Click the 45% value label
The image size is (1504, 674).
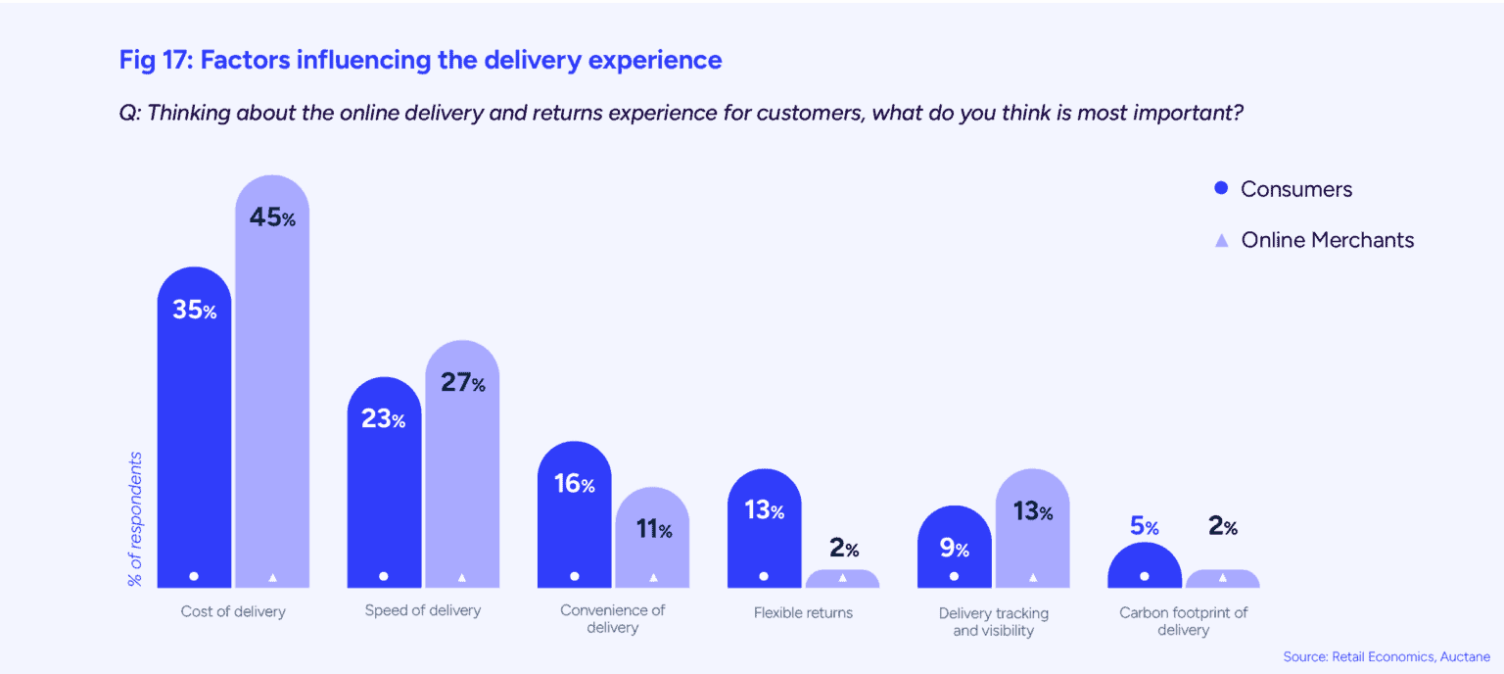coord(272,217)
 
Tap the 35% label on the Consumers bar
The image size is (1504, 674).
coord(194,311)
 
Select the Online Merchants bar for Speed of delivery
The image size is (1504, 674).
coord(462,470)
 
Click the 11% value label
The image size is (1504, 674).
coord(653,530)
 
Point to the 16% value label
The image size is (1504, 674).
coord(574,483)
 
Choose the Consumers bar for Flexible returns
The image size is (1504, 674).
coord(764,539)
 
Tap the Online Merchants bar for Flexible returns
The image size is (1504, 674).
coord(842,579)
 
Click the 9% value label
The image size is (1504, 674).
coord(954,548)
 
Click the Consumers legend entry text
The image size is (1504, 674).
coord(1295,189)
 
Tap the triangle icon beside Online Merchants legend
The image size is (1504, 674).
coord(1221,241)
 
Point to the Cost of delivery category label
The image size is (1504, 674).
coord(233,612)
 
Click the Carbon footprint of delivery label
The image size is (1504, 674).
coord(1183,621)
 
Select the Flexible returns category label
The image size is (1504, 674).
coord(803,612)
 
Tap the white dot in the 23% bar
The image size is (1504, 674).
coord(384,576)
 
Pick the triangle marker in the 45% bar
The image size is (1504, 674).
coord(272,577)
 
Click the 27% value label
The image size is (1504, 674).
coord(462,382)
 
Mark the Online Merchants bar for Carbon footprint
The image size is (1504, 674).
coord(1222,579)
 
